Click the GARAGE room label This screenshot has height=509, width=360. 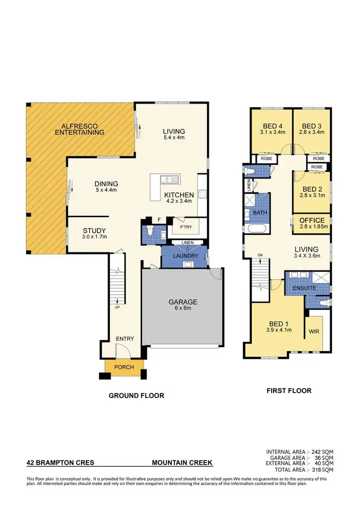pos(182,302)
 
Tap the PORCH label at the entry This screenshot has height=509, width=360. pos(124,367)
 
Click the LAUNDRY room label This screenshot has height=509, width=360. pos(185,256)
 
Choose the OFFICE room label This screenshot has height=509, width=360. pos(312,220)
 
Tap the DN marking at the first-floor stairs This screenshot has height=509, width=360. pos(260,255)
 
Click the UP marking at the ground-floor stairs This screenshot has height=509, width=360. pos(117,307)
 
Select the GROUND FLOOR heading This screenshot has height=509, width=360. pos(136,396)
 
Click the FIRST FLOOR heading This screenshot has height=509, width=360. pos(289,391)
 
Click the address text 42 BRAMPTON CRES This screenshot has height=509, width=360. pos(60,463)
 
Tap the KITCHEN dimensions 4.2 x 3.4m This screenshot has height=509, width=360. pos(180,202)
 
